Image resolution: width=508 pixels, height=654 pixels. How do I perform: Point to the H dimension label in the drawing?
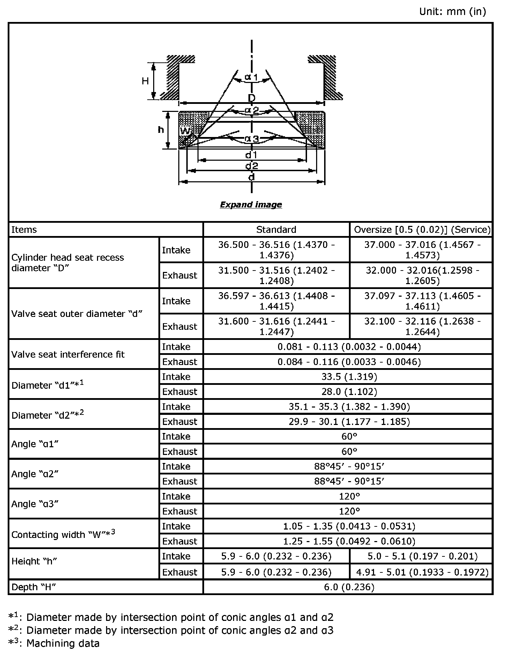(x=145, y=81)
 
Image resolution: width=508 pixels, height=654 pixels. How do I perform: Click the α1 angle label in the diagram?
(x=251, y=77)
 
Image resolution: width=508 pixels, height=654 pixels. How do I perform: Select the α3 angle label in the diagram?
(x=252, y=139)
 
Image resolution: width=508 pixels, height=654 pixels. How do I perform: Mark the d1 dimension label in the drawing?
(x=251, y=154)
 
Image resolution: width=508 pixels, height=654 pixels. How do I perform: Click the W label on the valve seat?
(x=185, y=131)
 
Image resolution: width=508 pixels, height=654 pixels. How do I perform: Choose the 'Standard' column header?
(x=276, y=229)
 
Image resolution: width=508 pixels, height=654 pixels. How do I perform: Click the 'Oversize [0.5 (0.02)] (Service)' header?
(x=422, y=229)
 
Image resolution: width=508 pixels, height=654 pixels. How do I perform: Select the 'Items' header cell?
(x=24, y=229)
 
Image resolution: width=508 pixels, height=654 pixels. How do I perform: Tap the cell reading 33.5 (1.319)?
(x=349, y=377)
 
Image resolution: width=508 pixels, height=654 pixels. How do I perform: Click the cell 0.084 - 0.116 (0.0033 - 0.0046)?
(x=349, y=362)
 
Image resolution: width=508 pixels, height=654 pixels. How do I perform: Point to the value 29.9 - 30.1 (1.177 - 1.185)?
(x=349, y=421)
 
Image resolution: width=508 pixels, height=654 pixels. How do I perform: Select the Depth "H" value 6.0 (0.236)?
(x=349, y=587)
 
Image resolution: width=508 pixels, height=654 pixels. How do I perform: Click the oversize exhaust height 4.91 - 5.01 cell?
(x=422, y=572)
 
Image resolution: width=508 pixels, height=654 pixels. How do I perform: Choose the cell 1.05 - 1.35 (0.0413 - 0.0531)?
(x=349, y=526)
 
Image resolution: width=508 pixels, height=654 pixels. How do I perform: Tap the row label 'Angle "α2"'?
(x=35, y=474)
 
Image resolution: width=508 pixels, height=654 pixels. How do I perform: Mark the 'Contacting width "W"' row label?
(x=63, y=534)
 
